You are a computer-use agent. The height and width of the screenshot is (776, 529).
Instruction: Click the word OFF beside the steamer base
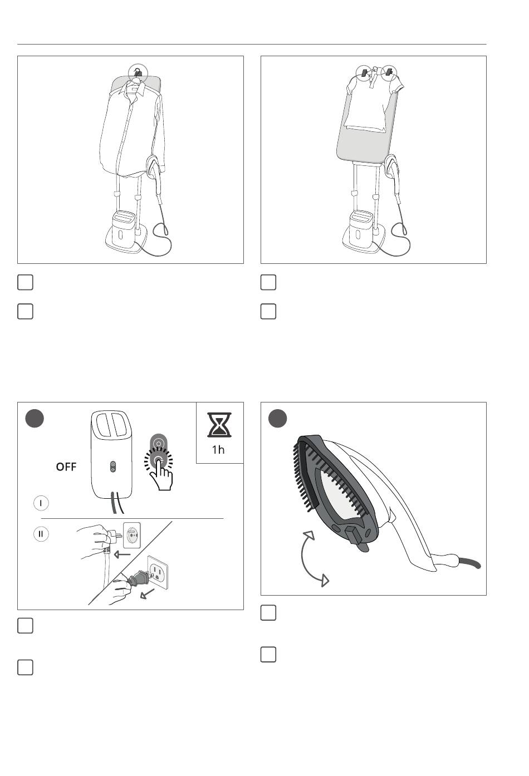tap(66, 467)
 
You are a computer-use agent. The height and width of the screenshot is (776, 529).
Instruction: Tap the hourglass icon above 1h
tap(219, 425)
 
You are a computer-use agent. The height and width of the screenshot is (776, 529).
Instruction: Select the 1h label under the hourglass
tap(218, 450)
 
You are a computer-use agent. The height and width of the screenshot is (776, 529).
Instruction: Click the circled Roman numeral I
tap(41, 503)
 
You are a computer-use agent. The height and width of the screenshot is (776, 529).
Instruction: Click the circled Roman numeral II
tap(41, 533)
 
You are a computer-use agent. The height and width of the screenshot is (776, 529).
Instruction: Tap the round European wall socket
tap(132, 536)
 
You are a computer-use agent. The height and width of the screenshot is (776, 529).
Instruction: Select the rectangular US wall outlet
tap(158, 572)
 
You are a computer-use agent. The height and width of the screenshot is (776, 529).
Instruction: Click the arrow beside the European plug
tap(123, 554)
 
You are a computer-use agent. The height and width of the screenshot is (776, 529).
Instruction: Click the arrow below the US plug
tap(147, 594)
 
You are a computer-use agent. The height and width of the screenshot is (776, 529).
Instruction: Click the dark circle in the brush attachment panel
tap(277, 419)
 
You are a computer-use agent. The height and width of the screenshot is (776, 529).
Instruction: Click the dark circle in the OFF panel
tap(35, 419)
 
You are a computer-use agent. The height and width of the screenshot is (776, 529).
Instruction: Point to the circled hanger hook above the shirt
tap(138, 73)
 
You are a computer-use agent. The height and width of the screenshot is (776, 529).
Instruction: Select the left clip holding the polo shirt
tap(364, 73)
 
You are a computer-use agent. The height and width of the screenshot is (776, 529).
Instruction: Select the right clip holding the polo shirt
tap(389, 72)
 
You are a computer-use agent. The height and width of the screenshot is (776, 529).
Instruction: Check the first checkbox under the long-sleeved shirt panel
tap(25, 282)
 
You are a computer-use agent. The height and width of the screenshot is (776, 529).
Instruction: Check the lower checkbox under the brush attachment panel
tap(268, 655)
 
